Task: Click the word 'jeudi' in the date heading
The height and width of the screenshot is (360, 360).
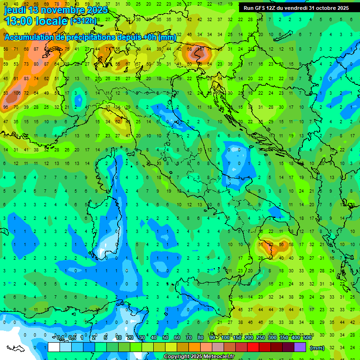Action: coord(15,10)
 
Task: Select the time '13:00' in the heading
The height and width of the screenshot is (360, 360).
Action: coord(18,21)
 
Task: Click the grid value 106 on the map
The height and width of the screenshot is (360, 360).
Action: coord(16,93)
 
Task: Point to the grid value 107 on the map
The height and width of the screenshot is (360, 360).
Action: coord(200,48)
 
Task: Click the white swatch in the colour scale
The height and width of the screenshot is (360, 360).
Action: coord(54,347)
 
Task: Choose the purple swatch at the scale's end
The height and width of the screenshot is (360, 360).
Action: coord(300,347)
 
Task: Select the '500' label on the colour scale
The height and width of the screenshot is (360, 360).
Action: coord(307,338)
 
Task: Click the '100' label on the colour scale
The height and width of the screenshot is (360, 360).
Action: coord(225,338)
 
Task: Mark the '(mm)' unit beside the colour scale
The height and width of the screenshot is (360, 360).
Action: coord(317,348)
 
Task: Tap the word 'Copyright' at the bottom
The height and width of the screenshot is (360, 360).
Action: coord(175,357)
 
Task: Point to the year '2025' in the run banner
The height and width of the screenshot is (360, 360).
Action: coord(343,8)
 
